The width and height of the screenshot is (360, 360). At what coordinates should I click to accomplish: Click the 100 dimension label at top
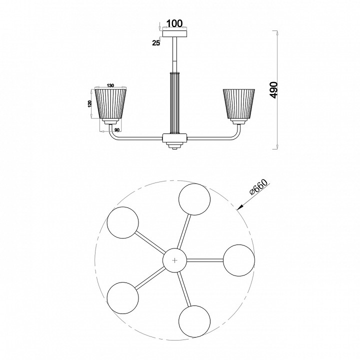[174, 23]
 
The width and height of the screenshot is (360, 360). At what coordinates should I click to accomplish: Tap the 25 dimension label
[156, 42]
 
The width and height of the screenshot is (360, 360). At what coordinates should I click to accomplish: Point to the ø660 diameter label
[258, 187]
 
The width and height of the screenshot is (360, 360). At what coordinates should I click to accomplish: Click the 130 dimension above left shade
[110, 85]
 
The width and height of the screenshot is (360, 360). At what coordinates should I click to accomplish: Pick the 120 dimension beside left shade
[90, 103]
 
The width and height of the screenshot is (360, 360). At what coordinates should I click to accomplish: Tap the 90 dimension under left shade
[117, 130]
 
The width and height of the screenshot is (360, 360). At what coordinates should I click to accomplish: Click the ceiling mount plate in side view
[175, 34]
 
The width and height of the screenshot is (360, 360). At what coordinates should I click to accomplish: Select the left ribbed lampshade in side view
[111, 104]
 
